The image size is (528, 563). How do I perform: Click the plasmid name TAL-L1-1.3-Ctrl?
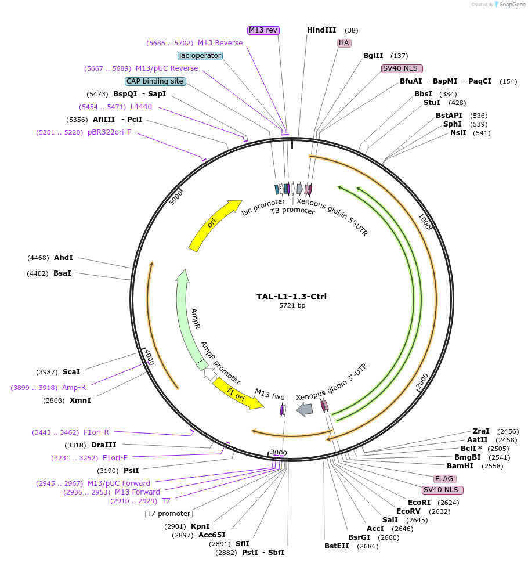coord(291,297)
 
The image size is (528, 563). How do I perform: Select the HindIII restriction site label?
coord(321,30)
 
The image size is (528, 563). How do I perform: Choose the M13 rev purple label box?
coord(263,30)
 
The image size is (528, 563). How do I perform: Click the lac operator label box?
coord(200,56)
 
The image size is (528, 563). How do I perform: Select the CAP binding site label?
coord(155,81)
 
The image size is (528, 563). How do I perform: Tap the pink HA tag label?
coord(344,43)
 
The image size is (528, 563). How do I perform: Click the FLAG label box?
coord(444,479)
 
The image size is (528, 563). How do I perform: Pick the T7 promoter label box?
coord(168,514)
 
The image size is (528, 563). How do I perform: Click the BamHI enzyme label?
coord(460,466)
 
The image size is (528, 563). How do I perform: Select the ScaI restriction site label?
coord(71,371)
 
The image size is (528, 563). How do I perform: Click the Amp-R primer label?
coord(74,387)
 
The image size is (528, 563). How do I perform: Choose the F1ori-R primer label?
coord(96,432)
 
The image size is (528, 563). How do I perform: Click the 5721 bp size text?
coord(292,306)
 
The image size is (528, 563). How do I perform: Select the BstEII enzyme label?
coord(337,546)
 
